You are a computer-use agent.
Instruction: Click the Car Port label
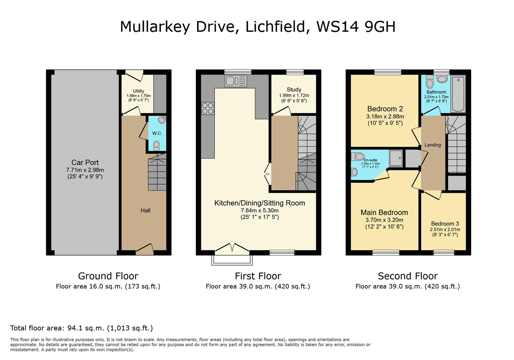click(85, 163)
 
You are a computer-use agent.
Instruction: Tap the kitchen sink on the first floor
click(236, 81)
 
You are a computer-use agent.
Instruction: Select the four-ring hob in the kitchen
click(208, 108)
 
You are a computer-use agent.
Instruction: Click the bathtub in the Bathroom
click(458, 94)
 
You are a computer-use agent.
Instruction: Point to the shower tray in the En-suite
click(396, 158)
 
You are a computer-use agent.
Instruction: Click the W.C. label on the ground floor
click(157, 133)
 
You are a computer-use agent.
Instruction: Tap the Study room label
click(293, 89)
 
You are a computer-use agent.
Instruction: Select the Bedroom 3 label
click(445, 224)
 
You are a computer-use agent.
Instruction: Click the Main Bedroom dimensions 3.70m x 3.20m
click(384, 220)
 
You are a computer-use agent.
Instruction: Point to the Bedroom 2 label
click(385, 109)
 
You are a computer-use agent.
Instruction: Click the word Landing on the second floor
click(432, 145)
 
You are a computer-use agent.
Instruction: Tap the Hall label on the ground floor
click(145, 210)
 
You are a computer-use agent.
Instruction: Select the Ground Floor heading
click(108, 276)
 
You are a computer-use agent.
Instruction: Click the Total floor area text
click(81, 328)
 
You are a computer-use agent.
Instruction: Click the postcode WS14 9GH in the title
click(355, 27)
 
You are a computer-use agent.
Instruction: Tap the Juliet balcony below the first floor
click(232, 260)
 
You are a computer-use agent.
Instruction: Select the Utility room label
click(139, 91)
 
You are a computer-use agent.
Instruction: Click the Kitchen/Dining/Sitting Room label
click(259, 203)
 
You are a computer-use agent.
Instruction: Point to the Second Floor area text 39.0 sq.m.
click(407, 286)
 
